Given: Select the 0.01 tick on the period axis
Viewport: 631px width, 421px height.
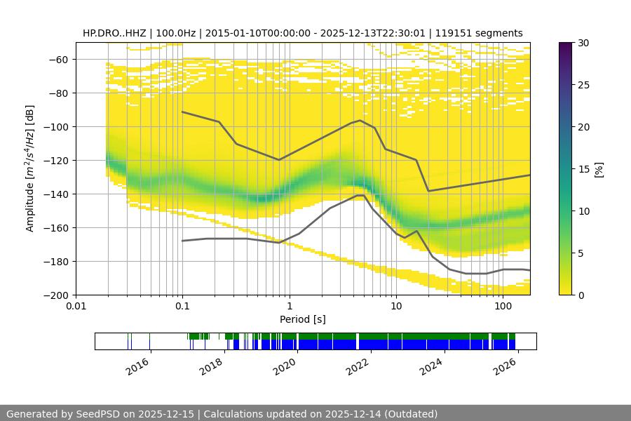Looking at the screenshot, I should pos(76,305).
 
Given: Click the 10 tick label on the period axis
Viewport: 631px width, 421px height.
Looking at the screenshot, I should pos(396,305).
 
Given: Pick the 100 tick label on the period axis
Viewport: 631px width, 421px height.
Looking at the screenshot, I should pos(503,305).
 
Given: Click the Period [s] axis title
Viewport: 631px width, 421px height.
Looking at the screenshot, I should pos(302,319).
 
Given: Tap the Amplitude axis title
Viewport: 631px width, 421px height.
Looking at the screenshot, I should pos(30,168).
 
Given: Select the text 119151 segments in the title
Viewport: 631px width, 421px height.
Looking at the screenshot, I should pos(479,33).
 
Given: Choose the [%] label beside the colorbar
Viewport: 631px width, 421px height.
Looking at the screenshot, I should pos(598,169).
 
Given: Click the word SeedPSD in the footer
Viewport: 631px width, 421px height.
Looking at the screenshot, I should pos(95,414).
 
